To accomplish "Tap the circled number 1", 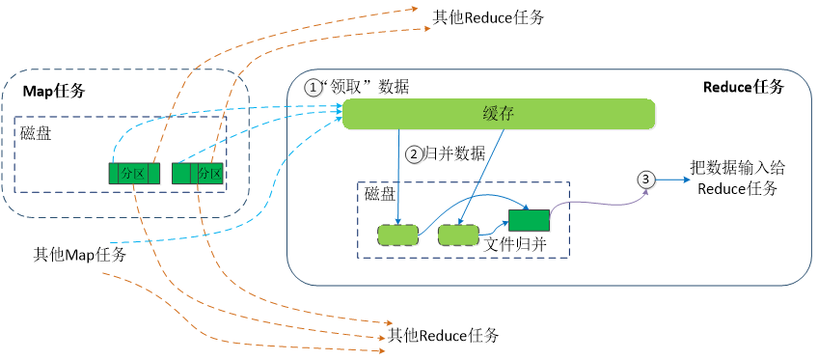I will (x=313, y=87).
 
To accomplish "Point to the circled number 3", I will (x=646, y=179).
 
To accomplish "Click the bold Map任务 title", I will (x=54, y=92).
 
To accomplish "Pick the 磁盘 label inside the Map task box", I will (x=36, y=133).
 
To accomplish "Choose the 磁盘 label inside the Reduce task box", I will (x=380, y=194).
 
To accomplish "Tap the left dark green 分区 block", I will (x=128, y=174).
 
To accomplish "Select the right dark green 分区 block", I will (x=198, y=174).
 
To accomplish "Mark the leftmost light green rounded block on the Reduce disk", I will (x=397, y=235).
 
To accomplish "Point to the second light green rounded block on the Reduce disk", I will (x=458, y=235).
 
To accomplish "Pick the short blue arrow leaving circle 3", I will (x=671, y=179).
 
